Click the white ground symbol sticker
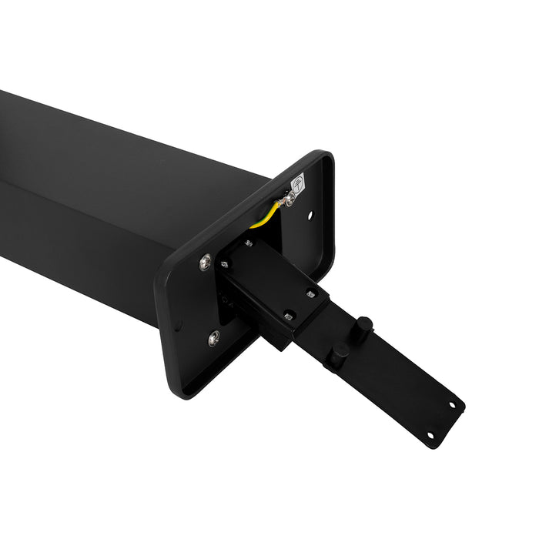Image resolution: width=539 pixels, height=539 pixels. click(297, 184)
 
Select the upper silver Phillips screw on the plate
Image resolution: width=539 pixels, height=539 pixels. click(206, 263)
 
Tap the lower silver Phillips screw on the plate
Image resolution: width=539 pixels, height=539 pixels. click(213, 337)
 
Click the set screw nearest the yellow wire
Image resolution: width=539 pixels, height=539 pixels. click(248, 243)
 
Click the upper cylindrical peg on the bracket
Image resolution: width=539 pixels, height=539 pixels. click(363, 324)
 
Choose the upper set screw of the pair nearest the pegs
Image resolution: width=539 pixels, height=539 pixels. click(310, 293)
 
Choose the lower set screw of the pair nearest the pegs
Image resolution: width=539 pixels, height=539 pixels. click(288, 316)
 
